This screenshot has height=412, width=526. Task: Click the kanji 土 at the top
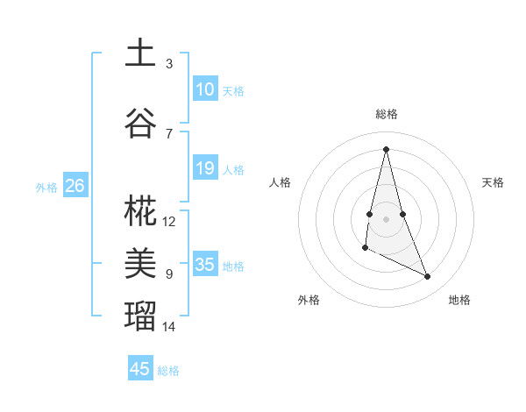(139, 53)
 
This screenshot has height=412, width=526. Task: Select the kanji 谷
(139, 123)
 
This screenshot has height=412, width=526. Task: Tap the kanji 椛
(139, 210)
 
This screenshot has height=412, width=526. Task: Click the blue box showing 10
(204, 89)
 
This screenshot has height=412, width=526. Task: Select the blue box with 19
(204, 168)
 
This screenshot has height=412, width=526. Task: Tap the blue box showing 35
(204, 265)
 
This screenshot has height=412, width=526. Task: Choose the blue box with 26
(75, 185)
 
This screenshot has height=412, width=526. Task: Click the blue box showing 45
(140, 369)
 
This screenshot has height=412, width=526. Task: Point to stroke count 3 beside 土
(169, 64)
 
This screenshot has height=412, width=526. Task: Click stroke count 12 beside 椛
(169, 222)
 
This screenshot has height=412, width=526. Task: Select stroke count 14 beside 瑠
(169, 327)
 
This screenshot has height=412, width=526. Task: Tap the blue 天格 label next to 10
(233, 91)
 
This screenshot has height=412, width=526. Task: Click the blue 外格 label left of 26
(46, 187)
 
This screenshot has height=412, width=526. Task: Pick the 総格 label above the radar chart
(387, 114)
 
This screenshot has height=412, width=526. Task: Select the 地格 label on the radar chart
(459, 300)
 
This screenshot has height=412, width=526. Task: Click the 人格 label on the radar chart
(281, 182)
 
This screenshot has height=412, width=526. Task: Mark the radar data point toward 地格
(428, 277)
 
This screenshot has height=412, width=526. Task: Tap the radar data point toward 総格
(387, 148)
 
